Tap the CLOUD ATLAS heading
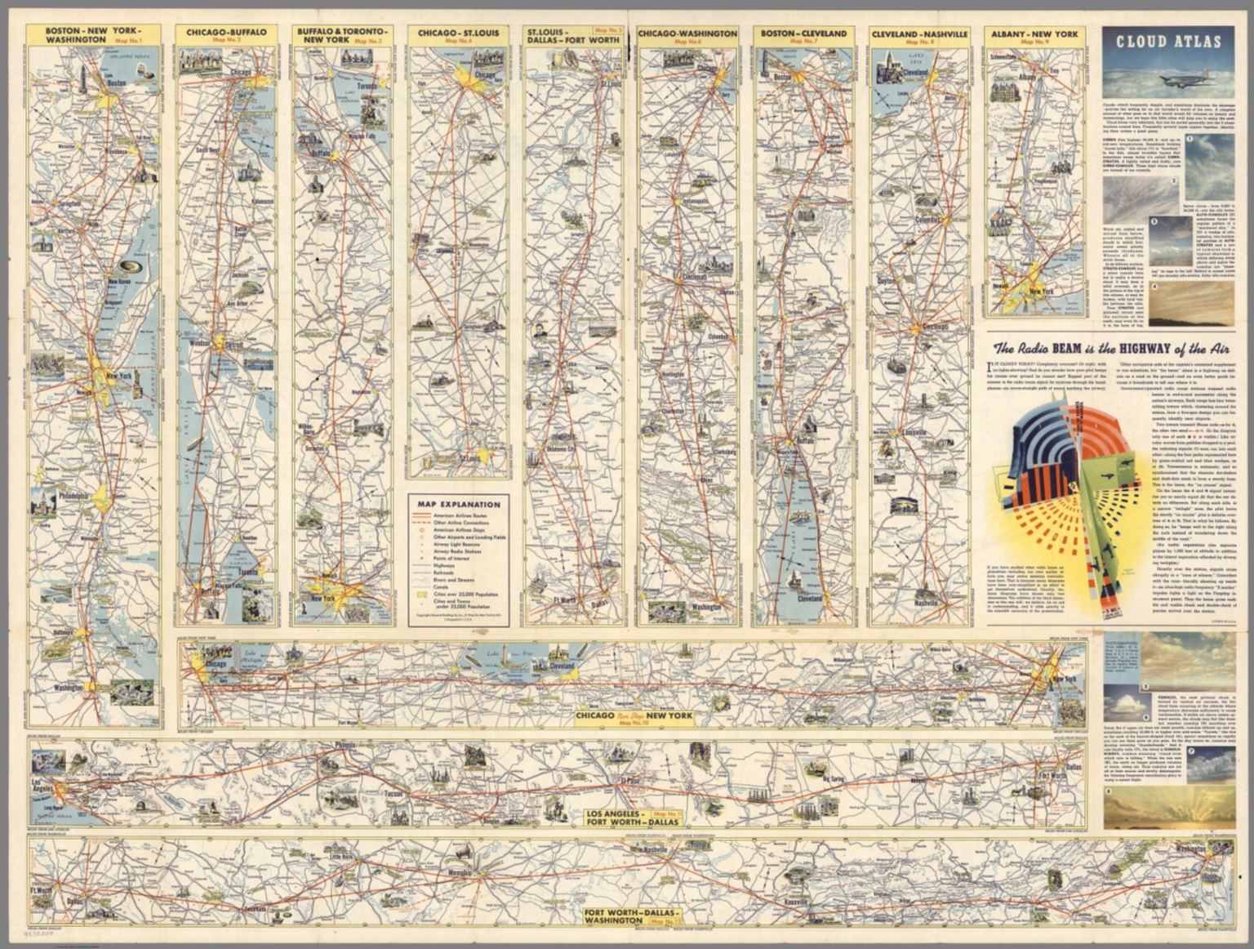click(1168, 42)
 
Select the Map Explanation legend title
click(459, 504)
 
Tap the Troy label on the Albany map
click(1053, 72)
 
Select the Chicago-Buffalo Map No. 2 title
click(226, 35)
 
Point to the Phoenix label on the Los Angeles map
click(345, 746)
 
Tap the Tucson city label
click(394, 793)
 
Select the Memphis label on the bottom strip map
click(460, 874)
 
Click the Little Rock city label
click(341, 857)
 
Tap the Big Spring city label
click(832, 779)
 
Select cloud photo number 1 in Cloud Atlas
click(1211, 158)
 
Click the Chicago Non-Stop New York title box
click(634, 718)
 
